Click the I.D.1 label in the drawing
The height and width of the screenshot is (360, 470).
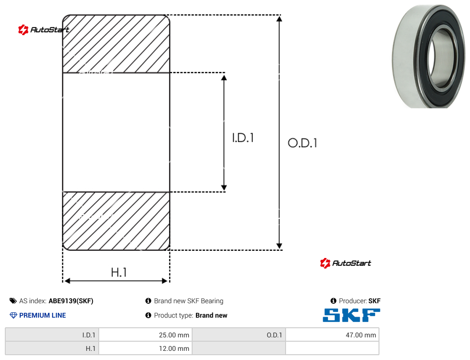[x=243, y=138]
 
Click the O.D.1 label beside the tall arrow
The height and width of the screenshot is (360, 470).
[x=302, y=143]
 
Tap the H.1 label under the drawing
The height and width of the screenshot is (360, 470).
[x=119, y=272]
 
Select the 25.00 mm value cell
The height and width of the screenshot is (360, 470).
[x=145, y=335]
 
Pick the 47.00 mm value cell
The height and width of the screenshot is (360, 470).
[x=332, y=335]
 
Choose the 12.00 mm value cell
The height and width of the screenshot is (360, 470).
[x=145, y=348]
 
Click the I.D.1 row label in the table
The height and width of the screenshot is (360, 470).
[x=52, y=335]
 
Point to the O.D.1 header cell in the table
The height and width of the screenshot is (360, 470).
[x=239, y=335]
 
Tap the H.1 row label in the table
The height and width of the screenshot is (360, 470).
[x=52, y=348]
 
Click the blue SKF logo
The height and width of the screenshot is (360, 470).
[x=352, y=315]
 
